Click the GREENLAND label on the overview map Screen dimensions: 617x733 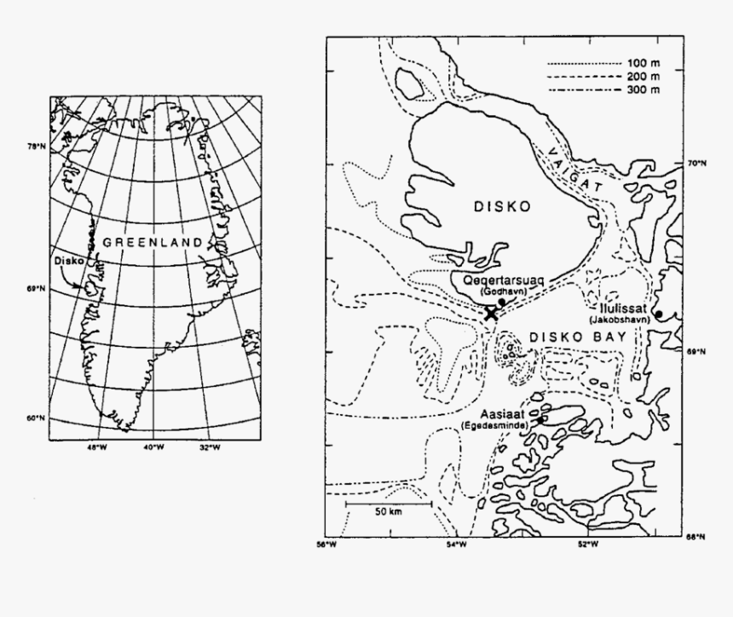(153, 242)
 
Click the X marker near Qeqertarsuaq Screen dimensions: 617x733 (491, 314)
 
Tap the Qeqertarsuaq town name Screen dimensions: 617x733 (501, 280)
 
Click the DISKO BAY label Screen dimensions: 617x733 (578, 337)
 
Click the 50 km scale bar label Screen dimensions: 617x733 (388, 511)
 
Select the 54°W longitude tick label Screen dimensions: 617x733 (455, 544)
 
